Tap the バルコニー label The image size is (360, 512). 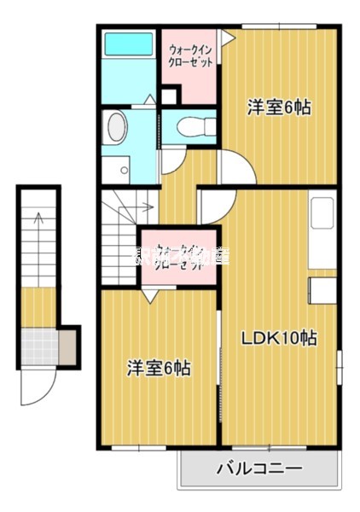click(x=258, y=468)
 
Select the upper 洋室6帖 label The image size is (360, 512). click(x=278, y=108)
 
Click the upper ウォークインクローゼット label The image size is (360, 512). click(x=190, y=56)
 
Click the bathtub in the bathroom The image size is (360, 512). click(x=127, y=46)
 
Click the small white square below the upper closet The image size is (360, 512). click(x=168, y=96)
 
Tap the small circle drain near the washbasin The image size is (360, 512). click(x=125, y=169)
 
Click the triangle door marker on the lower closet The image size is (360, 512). click(x=149, y=296)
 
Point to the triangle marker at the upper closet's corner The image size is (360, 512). click(x=226, y=38)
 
